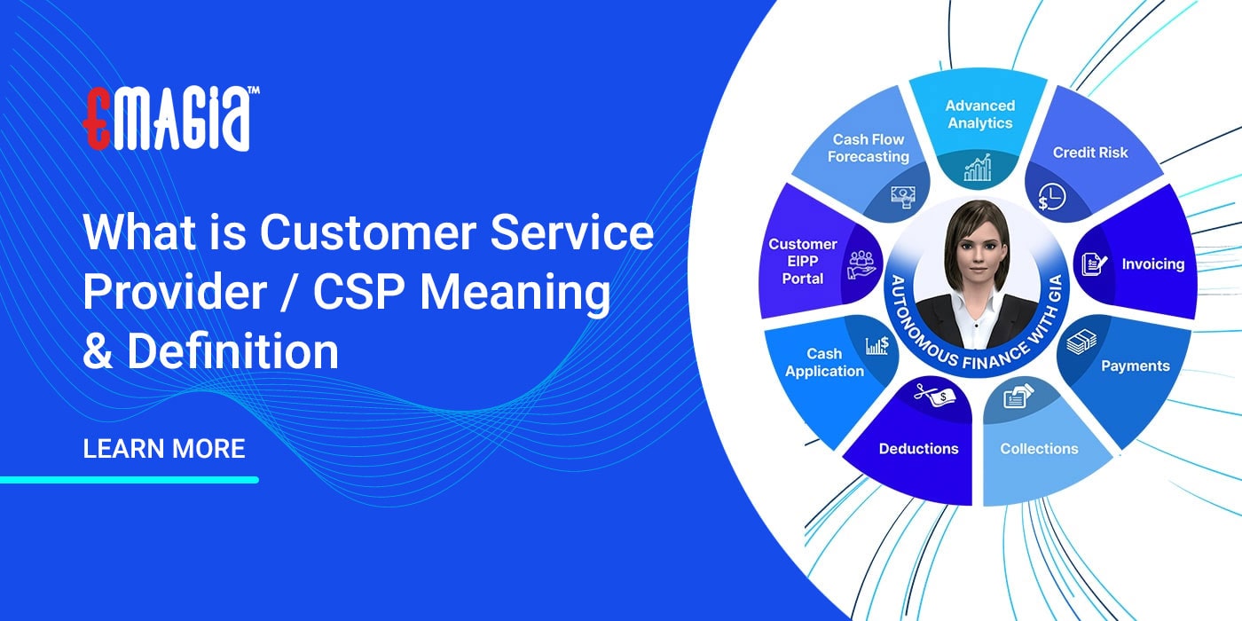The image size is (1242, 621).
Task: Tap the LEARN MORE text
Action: tap(164, 448)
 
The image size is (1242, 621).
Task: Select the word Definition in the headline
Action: tap(232, 351)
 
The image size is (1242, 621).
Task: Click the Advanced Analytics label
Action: tap(979, 114)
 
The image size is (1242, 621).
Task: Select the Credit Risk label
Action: tap(1089, 153)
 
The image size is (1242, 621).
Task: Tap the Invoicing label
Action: tap(1152, 264)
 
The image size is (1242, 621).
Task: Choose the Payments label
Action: tap(1135, 366)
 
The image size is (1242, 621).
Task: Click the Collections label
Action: tap(1039, 449)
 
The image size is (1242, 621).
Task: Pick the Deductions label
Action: tap(918, 449)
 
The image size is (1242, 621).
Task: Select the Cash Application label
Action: tap(824, 363)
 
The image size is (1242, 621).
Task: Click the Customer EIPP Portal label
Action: tap(802, 261)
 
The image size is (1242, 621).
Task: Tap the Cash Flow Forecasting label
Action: tap(869, 148)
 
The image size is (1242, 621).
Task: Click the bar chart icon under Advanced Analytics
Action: tap(979, 167)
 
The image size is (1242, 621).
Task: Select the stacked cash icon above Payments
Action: tap(1081, 342)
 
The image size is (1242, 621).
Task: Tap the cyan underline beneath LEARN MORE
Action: tap(130, 480)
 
